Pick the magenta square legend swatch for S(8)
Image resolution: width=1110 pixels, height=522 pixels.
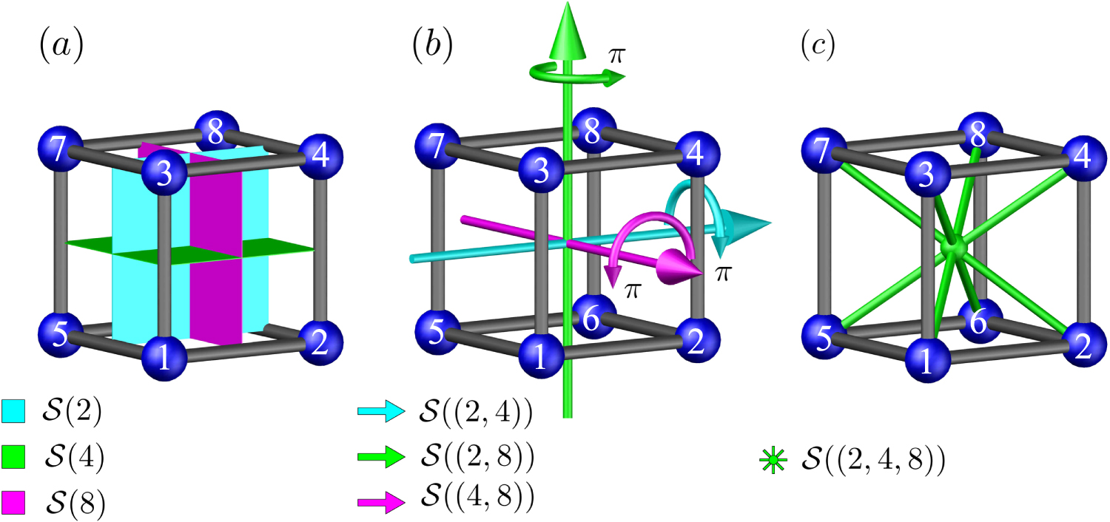coord(14,504)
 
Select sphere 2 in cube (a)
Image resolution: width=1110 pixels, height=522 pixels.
coord(321,342)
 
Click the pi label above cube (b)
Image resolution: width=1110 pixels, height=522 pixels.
coord(615,55)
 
